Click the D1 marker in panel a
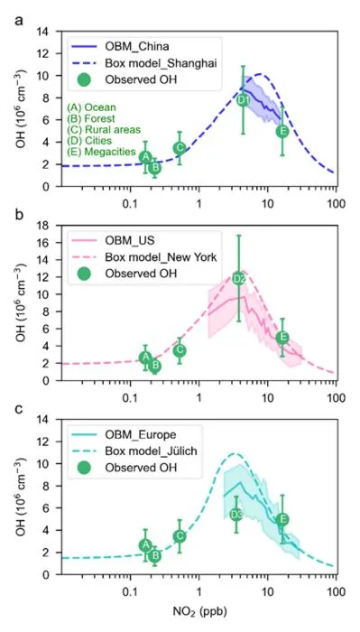click(243, 99)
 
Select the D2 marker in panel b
click(239, 279)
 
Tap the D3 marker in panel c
click(236, 515)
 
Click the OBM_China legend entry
click(117, 47)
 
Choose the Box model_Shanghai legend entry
click(144, 63)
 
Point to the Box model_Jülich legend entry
click(134, 451)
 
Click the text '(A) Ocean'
click(91, 107)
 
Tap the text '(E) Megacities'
click(101, 152)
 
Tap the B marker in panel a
click(154, 168)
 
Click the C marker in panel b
click(180, 350)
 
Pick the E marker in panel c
click(282, 519)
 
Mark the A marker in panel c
click(145, 545)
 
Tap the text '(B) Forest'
click(91, 118)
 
